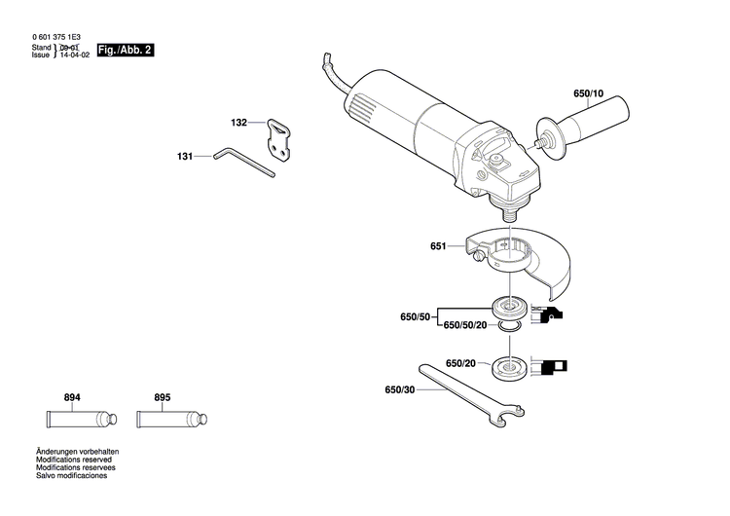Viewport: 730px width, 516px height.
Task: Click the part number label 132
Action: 238,124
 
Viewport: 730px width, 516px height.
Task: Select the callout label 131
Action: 185,155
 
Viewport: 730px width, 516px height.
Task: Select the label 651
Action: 438,247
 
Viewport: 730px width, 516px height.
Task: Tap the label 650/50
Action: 417,317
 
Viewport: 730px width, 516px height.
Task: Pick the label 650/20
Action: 460,363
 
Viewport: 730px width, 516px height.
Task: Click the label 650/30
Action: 400,391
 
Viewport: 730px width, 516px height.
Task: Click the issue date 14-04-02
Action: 73,55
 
